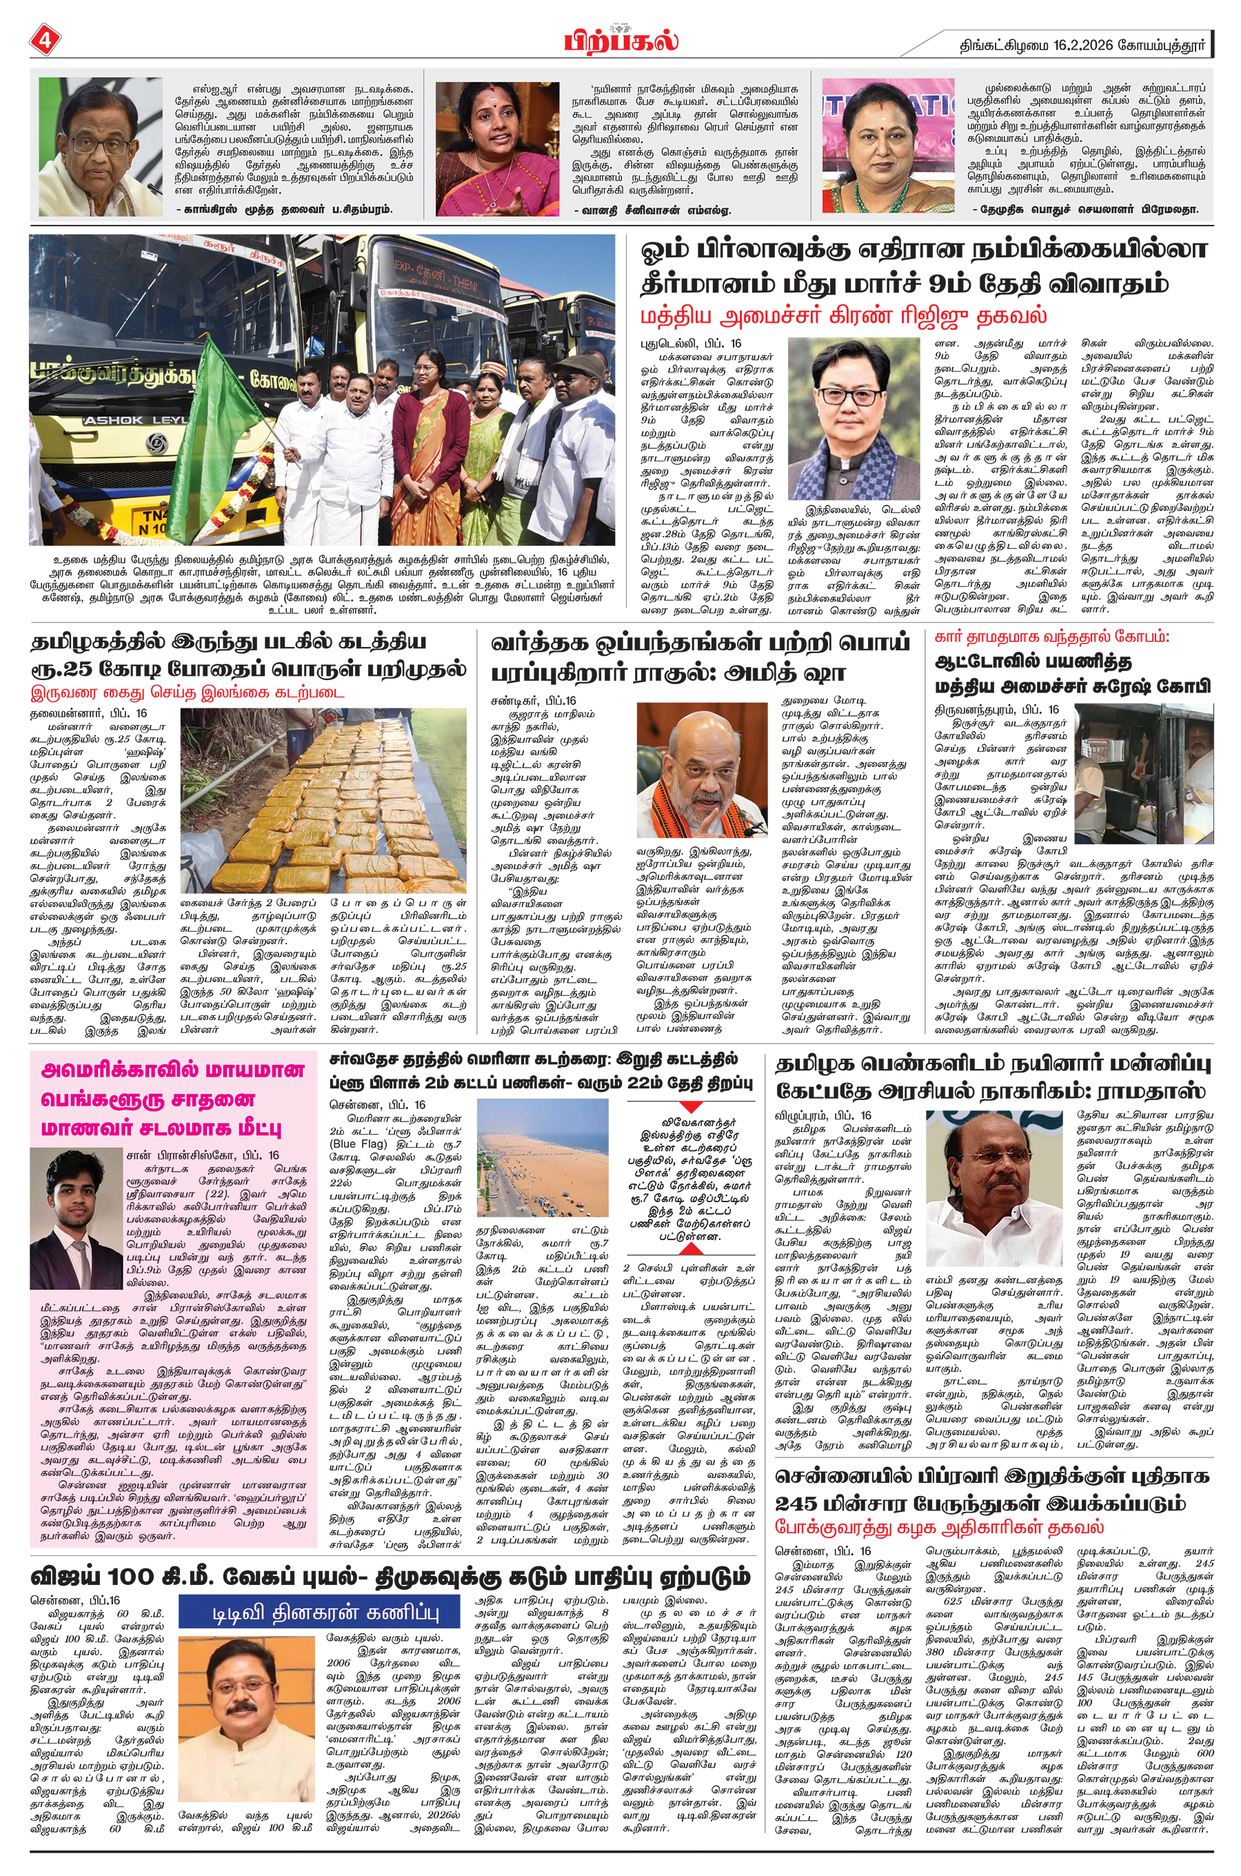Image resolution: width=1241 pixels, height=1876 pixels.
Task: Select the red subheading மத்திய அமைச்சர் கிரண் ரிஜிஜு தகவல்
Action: (x=844, y=316)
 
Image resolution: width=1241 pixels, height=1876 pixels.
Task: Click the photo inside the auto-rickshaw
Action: (x=1144, y=772)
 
